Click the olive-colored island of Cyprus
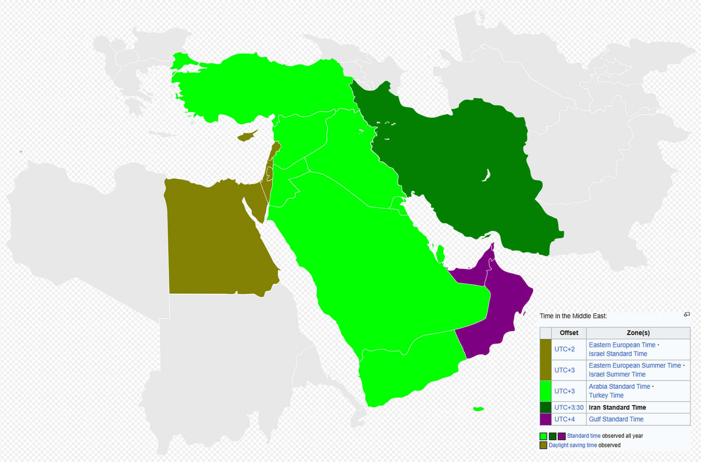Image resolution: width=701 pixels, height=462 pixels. pos(246,137)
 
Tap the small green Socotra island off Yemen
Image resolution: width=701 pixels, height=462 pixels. pos(478,409)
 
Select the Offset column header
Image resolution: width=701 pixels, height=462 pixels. pos(569,333)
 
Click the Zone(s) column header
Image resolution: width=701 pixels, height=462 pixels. pos(638,333)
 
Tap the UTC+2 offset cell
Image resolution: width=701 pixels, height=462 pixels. pos(564,349)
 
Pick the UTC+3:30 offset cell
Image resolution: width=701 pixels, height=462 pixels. pos(569,407)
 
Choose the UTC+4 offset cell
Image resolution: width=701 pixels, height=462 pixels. pos(564,419)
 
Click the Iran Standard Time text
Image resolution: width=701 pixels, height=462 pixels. pos(617,407)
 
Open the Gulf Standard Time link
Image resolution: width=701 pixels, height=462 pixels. pos(616,419)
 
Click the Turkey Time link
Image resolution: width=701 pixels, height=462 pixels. pos(606,395)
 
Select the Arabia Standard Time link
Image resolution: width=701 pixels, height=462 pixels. pos(619,386)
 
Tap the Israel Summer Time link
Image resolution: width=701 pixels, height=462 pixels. pos(617,374)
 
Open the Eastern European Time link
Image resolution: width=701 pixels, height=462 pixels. pos(622,345)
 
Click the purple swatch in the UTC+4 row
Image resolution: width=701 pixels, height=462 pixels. pos(545,419)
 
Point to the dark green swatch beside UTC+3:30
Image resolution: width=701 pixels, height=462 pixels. pos(545,407)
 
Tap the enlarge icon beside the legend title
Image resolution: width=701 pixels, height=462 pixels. pos(687,314)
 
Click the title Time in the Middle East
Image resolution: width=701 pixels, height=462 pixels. pos(573,316)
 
